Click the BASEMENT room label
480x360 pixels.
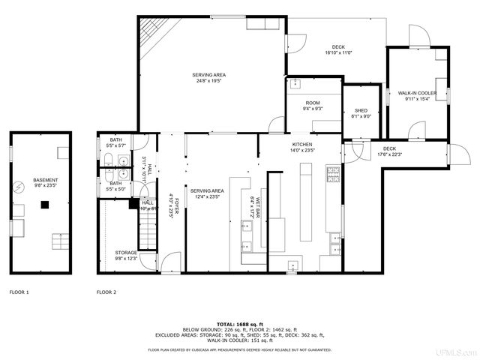coord(40,181)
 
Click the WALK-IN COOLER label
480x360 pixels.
coord(417,93)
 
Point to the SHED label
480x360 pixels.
coord(361,111)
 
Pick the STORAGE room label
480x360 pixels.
coord(126,253)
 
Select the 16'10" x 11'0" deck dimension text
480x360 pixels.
coord(338,53)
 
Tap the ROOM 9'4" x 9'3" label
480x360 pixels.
coord(313,105)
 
